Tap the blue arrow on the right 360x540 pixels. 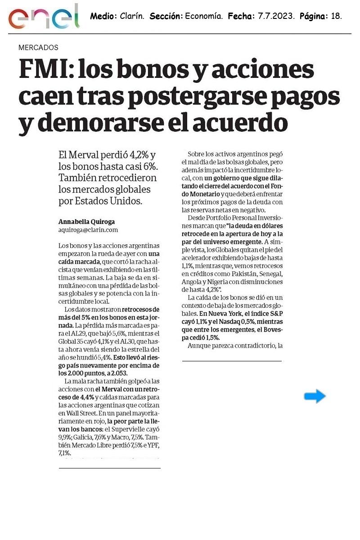point(315,396)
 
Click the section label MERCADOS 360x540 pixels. point(38,47)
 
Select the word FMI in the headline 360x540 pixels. point(42,70)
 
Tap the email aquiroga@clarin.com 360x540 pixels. point(88,229)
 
